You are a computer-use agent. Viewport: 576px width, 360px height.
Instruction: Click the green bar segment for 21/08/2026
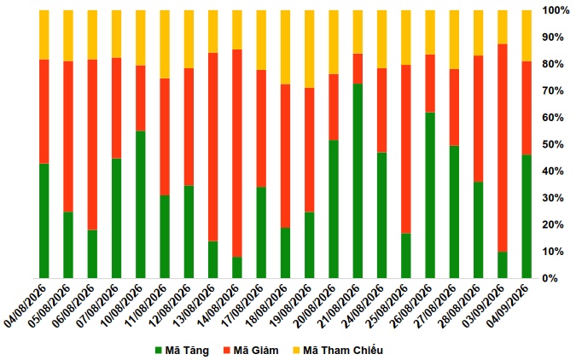(x=358, y=181)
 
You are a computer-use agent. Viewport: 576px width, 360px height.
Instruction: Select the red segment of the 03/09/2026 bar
(x=502, y=148)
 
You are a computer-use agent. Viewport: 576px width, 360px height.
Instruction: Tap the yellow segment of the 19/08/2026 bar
(x=309, y=49)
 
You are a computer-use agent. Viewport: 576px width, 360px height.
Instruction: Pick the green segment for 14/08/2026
(x=237, y=267)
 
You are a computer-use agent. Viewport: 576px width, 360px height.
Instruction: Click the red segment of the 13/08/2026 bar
(x=212, y=147)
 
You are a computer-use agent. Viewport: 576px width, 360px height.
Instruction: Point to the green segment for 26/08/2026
(x=430, y=195)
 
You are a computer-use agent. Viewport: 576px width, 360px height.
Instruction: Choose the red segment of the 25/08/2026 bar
(x=405, y=149)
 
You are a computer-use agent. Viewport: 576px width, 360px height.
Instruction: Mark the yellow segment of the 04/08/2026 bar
(x=44, y=34)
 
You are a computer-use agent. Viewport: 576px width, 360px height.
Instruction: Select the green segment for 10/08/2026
(x=140, y=205)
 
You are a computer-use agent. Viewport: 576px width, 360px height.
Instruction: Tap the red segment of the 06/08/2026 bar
(x=92, y=145)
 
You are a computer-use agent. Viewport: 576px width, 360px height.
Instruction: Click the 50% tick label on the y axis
(x=554, y=144)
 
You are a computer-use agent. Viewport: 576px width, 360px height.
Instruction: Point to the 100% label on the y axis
(x=556, y=10)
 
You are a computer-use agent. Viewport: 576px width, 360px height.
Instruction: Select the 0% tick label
(x=550, y=278)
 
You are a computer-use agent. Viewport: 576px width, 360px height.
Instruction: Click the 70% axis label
(x=554, y=90)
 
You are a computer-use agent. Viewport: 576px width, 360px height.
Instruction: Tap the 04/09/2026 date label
(x=508, y=305)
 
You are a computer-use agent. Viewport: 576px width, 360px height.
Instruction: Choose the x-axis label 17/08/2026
(x=243, y=305)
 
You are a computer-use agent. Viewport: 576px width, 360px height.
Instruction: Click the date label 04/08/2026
(x=26, y=305)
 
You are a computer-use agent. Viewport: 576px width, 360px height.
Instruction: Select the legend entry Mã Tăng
(x=182, y=351)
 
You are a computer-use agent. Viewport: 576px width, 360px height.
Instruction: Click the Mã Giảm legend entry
(x=251, y=351)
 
